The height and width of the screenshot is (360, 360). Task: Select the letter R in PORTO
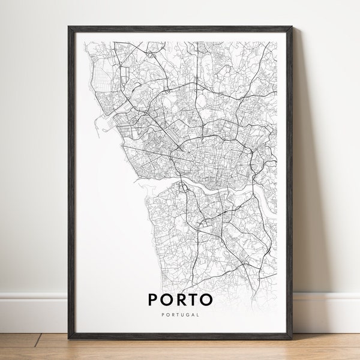click(181, 298)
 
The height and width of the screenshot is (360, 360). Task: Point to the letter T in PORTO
click(195, 298)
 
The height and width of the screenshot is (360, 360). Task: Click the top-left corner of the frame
click(70, 27)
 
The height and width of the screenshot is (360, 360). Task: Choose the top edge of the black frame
click(180, 29)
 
